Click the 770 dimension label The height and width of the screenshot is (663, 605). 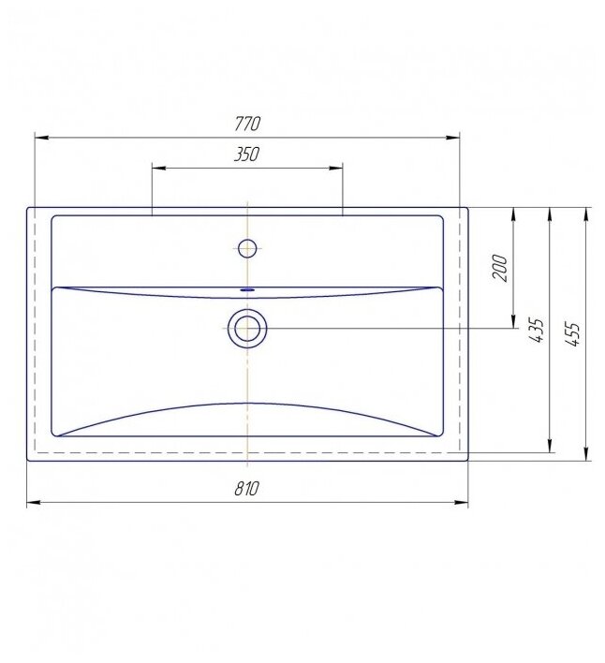[x=247, y=124]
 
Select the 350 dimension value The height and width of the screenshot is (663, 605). [x=246, y=155]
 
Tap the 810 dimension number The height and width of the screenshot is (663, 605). [x=246, y=489]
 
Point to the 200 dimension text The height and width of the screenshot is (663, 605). [x=499, y=268]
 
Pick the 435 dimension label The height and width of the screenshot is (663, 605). [x=536, y=330]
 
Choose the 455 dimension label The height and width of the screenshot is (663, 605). [x=572, y=335]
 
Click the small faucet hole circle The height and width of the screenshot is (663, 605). [x=247, y=248]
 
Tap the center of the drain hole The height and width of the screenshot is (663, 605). [x=247, y=328]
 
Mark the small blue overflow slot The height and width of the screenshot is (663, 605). [x=247, y=290]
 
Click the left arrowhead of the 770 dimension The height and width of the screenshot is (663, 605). [x=41, y=138]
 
